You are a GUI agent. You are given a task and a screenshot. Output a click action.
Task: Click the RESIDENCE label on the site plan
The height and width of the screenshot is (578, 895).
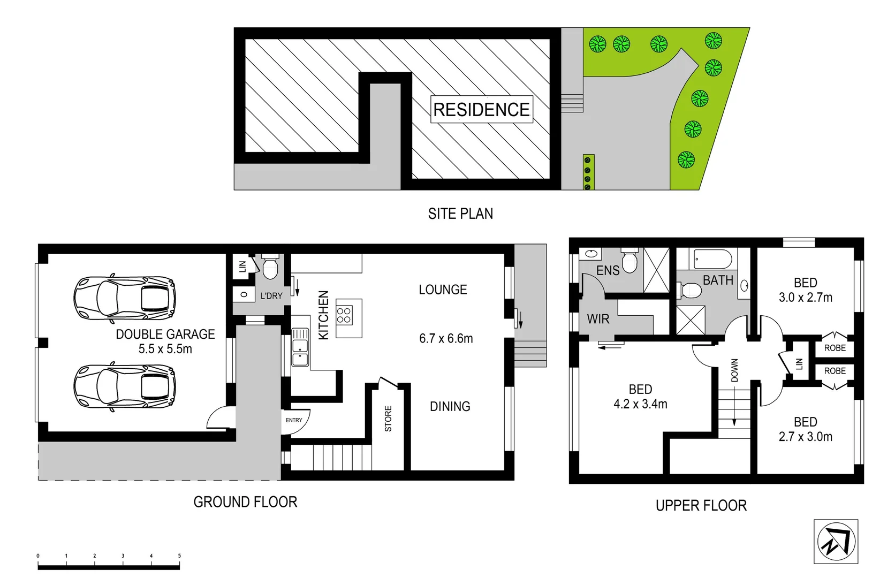[x=481, y=110]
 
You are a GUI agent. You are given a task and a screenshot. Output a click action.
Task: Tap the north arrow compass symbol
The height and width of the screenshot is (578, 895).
[x=836, y=541]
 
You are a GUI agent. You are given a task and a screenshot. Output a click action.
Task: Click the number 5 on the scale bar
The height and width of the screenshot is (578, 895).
[x=179, y=556]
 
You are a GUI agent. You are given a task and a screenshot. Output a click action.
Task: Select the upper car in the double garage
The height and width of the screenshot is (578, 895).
[x=125, y=299]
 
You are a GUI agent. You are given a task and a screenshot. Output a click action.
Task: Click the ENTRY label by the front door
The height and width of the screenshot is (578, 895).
[x=294, y=420]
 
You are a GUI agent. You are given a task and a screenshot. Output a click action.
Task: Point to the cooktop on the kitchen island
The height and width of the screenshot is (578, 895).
[x=344, y=315]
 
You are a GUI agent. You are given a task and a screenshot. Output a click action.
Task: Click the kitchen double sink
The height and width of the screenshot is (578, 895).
[x=300, y=348]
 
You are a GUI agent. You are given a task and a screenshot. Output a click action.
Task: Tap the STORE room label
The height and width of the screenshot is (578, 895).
[x=388, y=419]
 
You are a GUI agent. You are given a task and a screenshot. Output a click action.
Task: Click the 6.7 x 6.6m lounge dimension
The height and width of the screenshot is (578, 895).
[x=446, y=338]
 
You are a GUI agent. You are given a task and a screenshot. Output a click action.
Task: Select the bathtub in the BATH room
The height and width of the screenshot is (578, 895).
[x=712, y=260]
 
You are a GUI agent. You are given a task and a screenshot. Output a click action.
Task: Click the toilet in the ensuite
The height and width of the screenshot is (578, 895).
[x=629, y=261]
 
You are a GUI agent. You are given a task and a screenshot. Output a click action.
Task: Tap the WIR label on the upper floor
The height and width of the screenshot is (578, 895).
[x=598, y=319]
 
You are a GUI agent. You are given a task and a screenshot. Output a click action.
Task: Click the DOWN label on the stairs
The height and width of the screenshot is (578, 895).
[x=734, y=370]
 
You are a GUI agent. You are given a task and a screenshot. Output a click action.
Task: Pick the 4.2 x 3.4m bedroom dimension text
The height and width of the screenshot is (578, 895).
[x=640, y=404]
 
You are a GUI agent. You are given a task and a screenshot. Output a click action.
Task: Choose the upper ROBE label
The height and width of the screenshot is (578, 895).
[x=835, y=348]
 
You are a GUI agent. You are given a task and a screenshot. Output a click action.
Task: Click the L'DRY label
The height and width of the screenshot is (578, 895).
[x=271, y=296]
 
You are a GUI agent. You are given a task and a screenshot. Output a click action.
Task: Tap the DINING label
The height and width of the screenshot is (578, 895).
[x=450, y=407]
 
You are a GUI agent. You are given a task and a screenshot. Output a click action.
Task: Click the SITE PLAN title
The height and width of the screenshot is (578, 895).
[x=460, y=214]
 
